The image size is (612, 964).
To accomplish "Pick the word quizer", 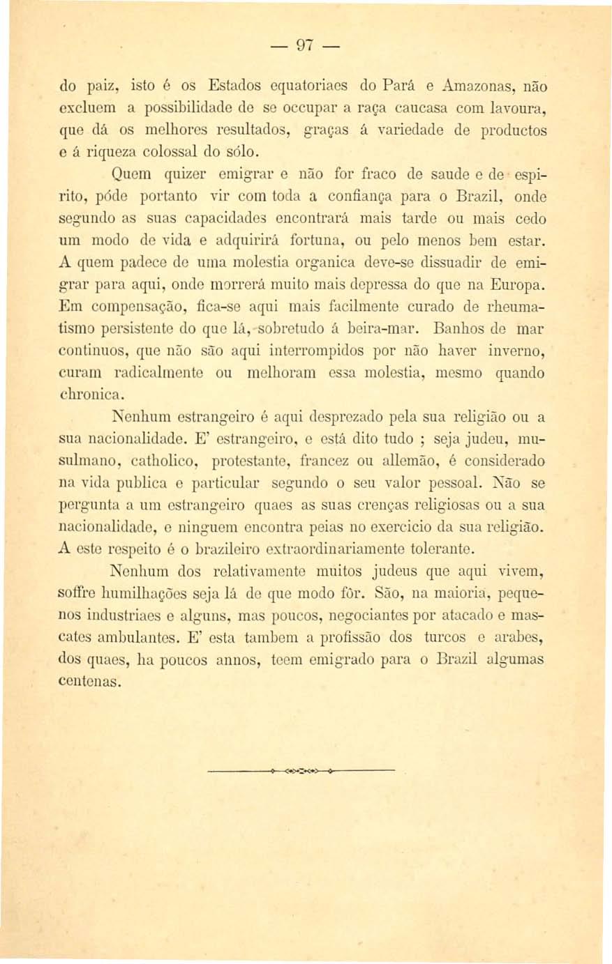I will pyautogui.click(x=176, y=174).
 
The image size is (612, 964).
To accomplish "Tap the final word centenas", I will pyautogui.click(x=91, y=680).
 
